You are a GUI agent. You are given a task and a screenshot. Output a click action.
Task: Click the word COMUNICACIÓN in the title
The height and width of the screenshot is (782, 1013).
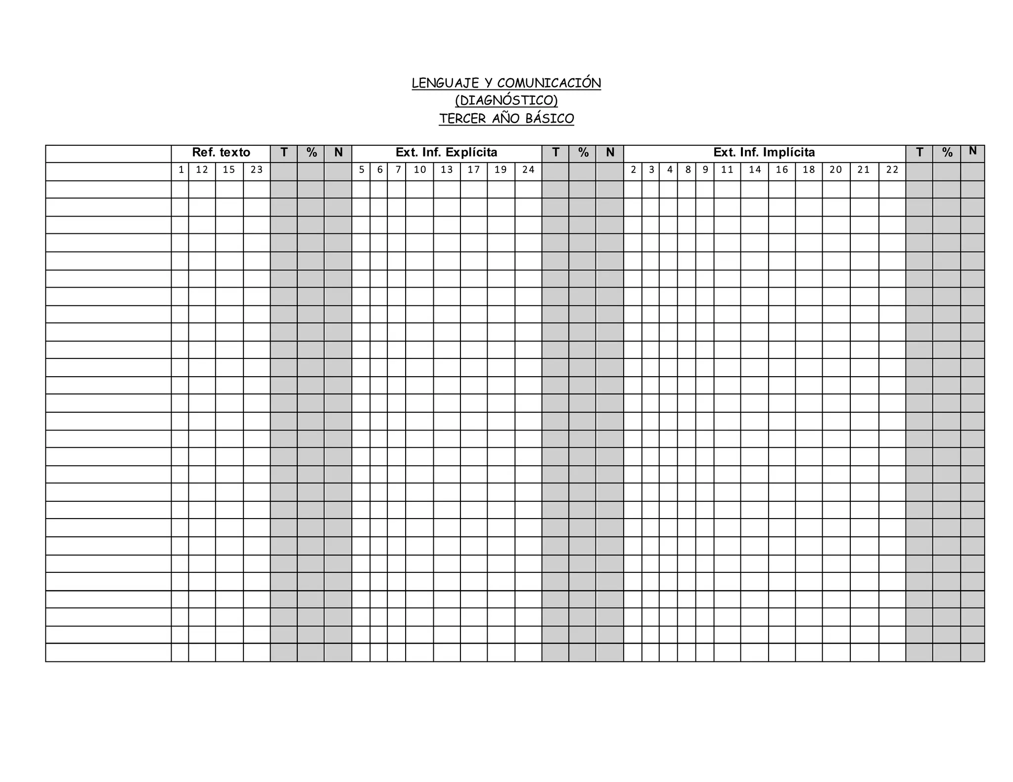coord(549,83)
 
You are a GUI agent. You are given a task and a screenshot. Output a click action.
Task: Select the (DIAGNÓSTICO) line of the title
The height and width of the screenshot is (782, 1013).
coord(506,101)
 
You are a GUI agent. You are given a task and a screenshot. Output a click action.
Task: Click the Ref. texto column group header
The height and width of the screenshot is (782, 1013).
coord(221,153)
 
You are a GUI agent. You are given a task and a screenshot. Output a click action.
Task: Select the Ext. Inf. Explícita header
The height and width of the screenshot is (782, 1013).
coord(446,153)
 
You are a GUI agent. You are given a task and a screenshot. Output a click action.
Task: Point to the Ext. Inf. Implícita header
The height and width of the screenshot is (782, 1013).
coord(764,153)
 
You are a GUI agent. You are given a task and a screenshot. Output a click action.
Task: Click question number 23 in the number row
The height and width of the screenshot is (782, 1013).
coord(257,170)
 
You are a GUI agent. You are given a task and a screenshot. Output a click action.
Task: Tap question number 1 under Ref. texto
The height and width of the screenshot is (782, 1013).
coord(181,170)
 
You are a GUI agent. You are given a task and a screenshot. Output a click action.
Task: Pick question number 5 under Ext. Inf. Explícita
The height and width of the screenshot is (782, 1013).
coord(362,170)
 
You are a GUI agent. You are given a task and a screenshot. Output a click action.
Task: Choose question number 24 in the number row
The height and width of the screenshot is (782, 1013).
coord(528,170)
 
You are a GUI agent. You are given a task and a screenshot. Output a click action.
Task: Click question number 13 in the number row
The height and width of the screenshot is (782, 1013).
coord(447,170)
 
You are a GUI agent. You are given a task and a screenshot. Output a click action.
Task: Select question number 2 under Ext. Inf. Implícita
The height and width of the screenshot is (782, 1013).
coord(633,170)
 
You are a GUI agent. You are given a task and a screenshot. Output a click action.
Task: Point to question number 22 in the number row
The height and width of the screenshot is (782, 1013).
coord(892,170)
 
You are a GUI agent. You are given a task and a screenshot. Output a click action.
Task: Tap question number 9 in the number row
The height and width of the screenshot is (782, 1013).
coord(705,170)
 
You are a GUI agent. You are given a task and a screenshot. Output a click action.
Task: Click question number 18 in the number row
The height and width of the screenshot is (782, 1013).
coord(809,170)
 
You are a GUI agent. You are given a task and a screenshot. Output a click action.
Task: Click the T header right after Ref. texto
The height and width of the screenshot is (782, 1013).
coord(284,153)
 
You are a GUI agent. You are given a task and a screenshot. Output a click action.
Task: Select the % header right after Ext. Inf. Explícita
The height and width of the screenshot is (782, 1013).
coord(583,153)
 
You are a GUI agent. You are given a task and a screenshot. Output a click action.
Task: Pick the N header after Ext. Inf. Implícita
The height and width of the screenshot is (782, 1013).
coord(972,151)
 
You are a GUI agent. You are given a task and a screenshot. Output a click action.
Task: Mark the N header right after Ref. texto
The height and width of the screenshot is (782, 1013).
coord(338,153)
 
